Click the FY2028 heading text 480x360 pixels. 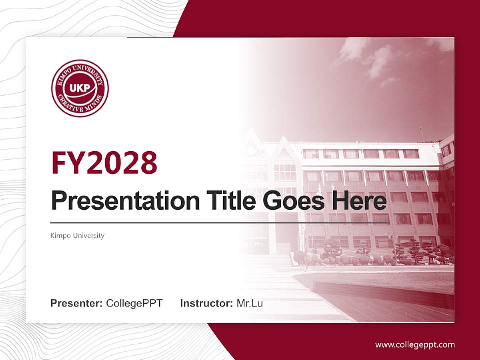tap(104, 162)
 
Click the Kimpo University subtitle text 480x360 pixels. tap(77, 235)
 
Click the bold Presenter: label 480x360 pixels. tap(77, 303)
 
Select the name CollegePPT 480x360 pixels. tap(134, 303)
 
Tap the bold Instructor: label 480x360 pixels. tap(206, 303)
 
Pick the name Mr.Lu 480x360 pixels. tap(250, 303)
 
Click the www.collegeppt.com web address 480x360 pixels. tap(415, 345)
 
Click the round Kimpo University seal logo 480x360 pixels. tap(80, 88)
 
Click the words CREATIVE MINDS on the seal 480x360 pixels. tap(80, 108)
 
